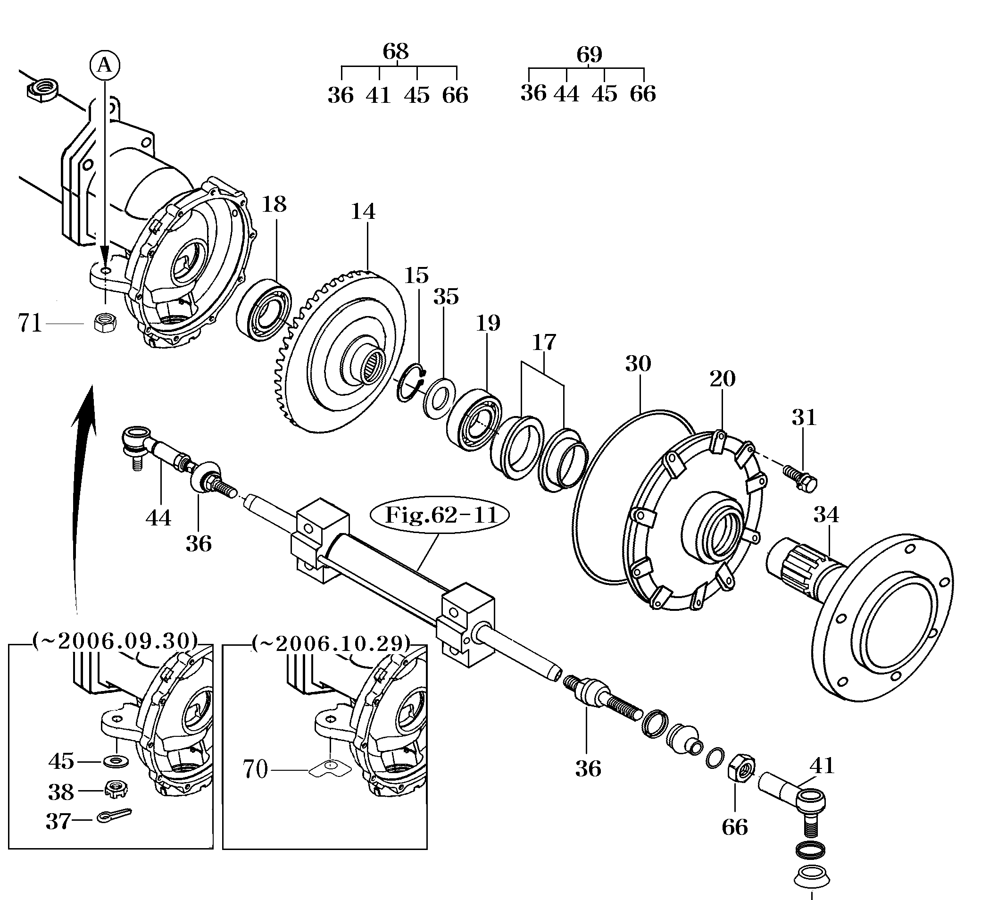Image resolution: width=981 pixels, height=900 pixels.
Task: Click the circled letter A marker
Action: pyautogui.click(x=105, y=65)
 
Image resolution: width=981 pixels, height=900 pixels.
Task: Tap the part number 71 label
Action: pyautogui.click(x=30, y=323)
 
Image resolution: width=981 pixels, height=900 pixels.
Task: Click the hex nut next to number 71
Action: pyautogui.click(x=105, y=322)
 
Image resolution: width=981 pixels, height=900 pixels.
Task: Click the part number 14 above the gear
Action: pyautogui.click(x=363, y=212)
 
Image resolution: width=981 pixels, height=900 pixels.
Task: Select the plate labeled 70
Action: pyautogui.click(x=331, y=769)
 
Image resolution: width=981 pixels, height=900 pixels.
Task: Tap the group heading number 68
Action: pyautogui.click(x=395, y=51)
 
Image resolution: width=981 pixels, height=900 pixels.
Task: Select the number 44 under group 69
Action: pyautogui.click(x=566, y=93)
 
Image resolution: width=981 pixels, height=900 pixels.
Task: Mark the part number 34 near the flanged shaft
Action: pyautogui.click(x=826, y=515)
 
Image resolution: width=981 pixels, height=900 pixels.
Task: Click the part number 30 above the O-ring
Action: pyautogui.click(x=638, y=364)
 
